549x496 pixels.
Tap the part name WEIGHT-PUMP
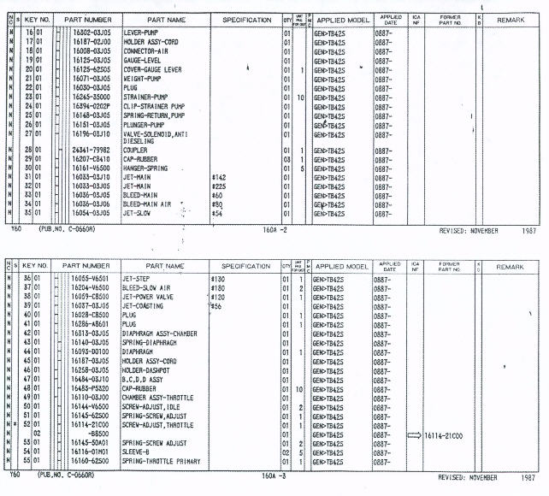click(x=144, y=78)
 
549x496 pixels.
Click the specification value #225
click(x=220, y=185)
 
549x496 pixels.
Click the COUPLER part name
click(x=137, y=150)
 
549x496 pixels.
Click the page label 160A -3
click(x=275, y=476)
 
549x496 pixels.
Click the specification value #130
click(x=220, y=279)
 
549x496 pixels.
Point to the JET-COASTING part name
click(x=145, y=305)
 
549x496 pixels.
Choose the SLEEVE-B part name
click(x=138, y=452)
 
